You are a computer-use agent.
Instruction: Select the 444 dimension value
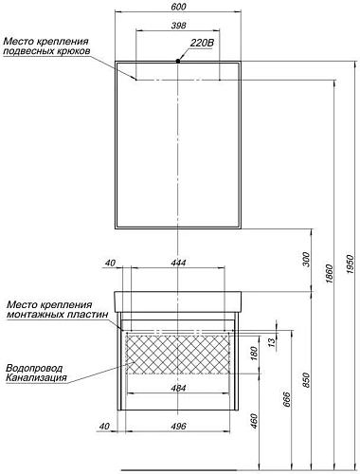click(179, 263)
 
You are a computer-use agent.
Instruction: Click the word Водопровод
click(35, 367)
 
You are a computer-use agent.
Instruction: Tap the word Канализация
click(36, 378)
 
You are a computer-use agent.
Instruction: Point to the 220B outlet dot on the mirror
click(178, 61)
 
